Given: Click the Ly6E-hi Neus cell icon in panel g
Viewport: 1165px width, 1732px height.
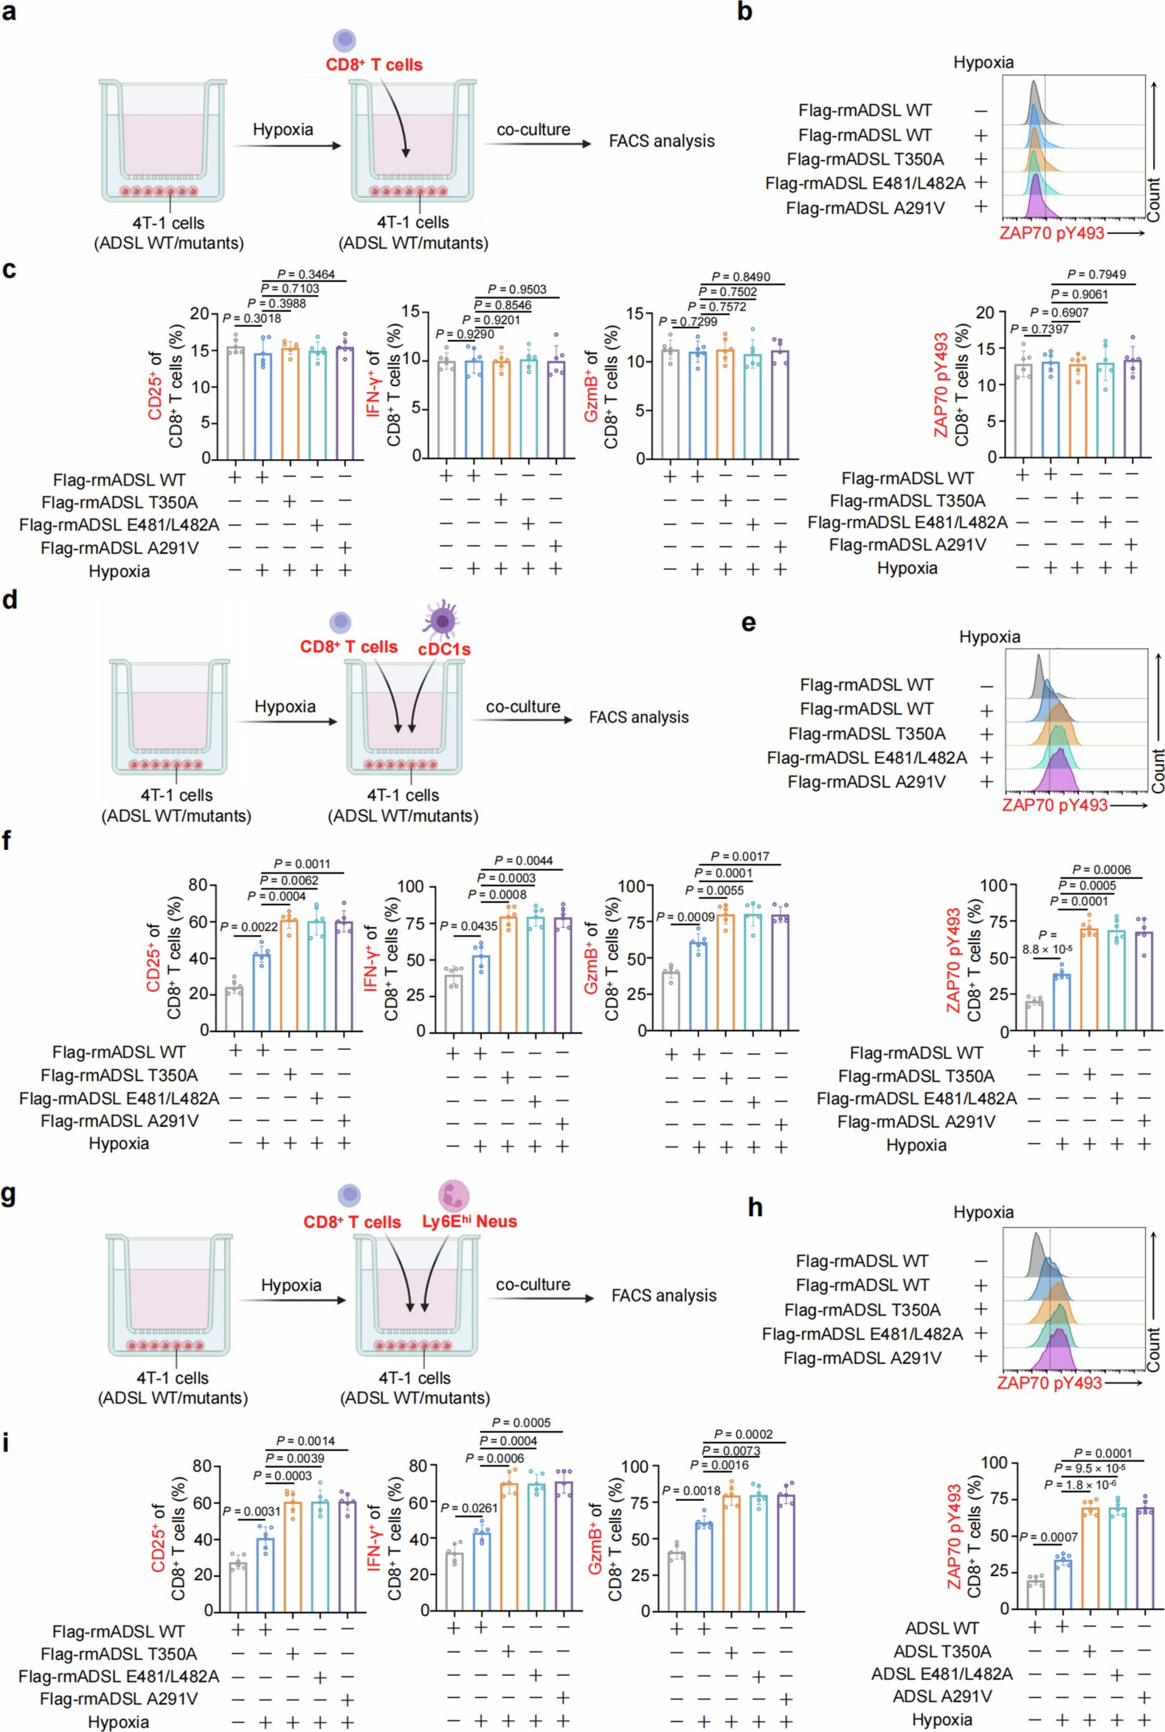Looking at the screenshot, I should [x=453, y=1196].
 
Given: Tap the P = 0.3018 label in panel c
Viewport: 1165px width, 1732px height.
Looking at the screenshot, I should [x=252, y=319].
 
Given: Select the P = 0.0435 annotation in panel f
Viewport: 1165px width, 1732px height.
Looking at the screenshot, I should [x=469, y=926].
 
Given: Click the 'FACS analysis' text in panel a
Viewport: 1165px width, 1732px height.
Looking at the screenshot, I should [x=661, y=141].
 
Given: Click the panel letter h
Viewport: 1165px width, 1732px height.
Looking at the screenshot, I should [x=755, y=1207].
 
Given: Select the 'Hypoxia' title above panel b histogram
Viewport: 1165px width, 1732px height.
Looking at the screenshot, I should [x=983, y=63].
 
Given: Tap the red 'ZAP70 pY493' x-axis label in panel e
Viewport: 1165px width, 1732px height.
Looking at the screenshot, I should [x=1054, y=805].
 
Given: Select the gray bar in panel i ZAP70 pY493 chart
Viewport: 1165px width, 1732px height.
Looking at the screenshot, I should [x=1035, y=1595].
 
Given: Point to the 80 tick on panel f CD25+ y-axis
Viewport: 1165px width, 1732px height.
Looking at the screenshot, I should [x=198, y=885].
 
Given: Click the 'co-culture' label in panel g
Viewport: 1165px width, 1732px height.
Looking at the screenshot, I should [x=533, y=1285].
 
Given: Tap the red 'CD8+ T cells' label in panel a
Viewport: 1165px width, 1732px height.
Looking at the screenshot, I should [x=374, y=66].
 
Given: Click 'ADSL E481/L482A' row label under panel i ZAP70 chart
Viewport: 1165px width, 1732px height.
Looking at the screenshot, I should [x=941, y=1674].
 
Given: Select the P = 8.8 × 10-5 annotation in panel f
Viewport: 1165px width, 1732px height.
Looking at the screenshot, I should [x=1046, y=942].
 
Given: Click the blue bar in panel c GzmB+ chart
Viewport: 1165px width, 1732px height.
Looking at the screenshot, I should [x=697, y=405].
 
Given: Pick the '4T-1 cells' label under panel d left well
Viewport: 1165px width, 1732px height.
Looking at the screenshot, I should [x=176, y=796].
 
